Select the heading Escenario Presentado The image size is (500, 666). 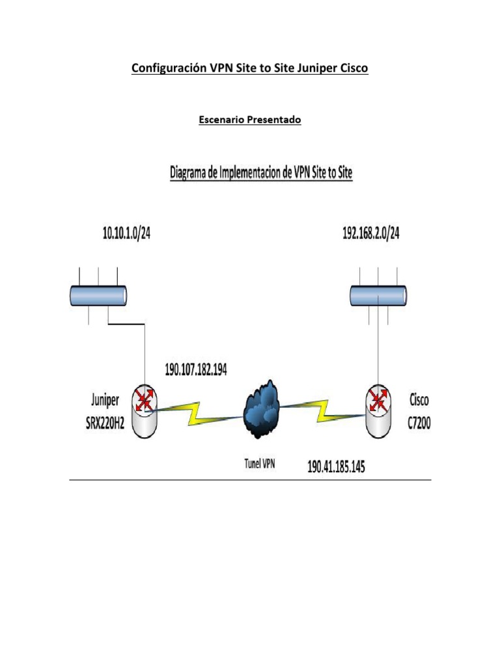[x=249, y=120]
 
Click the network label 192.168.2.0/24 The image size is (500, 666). [x=370, y=233]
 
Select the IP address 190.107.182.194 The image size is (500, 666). [x=195, y=369]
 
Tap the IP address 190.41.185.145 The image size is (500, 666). [x=336, y=466]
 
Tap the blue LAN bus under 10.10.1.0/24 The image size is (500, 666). [x=98, y=296]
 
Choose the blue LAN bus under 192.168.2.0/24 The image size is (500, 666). [x=379, y=296]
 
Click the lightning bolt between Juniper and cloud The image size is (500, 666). [x=195, y=413]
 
